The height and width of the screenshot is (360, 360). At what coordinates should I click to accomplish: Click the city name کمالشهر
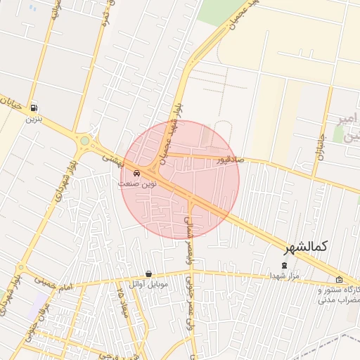(307, 247)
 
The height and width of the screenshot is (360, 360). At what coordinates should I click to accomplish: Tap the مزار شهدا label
(284, 276)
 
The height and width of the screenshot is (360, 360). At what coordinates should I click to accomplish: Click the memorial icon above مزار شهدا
(284, 266)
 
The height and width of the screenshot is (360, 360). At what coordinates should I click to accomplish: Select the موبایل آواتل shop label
(147, 285)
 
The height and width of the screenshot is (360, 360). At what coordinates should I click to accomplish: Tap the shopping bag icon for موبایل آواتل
(148, 274)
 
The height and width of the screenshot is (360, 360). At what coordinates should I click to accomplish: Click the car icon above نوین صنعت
(136, 173)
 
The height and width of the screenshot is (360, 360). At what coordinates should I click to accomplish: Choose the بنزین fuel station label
(33, 120)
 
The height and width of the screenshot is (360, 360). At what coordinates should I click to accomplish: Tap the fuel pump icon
(32, 108)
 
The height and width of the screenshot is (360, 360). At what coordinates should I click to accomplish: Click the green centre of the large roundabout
(84, 141)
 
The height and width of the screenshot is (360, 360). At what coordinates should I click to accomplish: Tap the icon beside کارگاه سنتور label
(339, 279)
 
